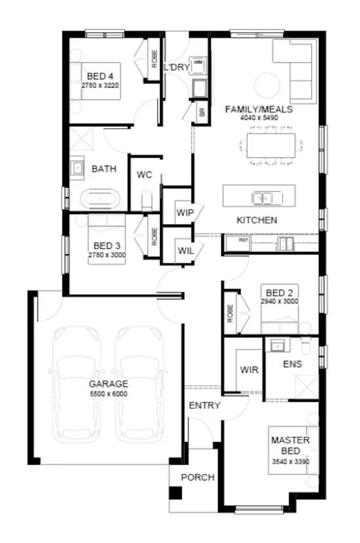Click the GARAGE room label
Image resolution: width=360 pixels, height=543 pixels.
tap(108, 384)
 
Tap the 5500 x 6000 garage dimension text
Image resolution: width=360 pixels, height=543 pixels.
tap(108, 394)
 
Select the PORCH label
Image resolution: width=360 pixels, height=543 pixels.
tap(197, 477)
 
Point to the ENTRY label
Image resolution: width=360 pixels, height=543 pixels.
tap(204, 405)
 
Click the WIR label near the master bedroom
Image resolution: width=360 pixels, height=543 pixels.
tap(249, 370)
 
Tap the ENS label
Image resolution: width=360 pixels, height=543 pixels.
tap(292, 364)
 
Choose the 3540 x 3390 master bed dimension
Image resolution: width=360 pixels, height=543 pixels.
tap(290, 462)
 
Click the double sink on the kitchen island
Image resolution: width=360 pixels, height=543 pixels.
tap(262, 197)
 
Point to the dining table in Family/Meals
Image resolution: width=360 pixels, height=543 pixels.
tap(271, 145)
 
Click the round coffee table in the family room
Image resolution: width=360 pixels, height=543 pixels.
tap(267, 85)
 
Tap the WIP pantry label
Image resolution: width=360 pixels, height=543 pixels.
tap(184, 212)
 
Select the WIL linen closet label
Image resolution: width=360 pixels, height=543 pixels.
tap(185, 250)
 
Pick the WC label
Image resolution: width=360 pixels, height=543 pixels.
tap(144, 175)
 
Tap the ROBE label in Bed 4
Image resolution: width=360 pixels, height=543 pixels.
tap(155, 59)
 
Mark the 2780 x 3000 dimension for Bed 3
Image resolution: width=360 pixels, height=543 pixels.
tap(107, 255)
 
